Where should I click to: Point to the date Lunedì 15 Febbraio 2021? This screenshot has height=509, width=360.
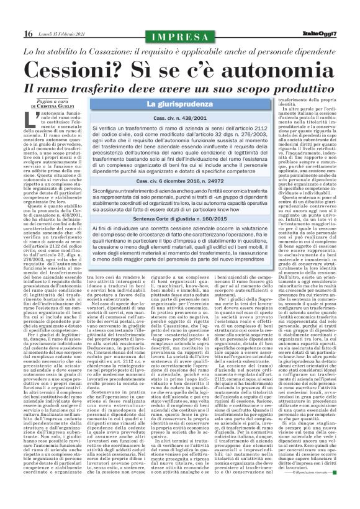[62, 34]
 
